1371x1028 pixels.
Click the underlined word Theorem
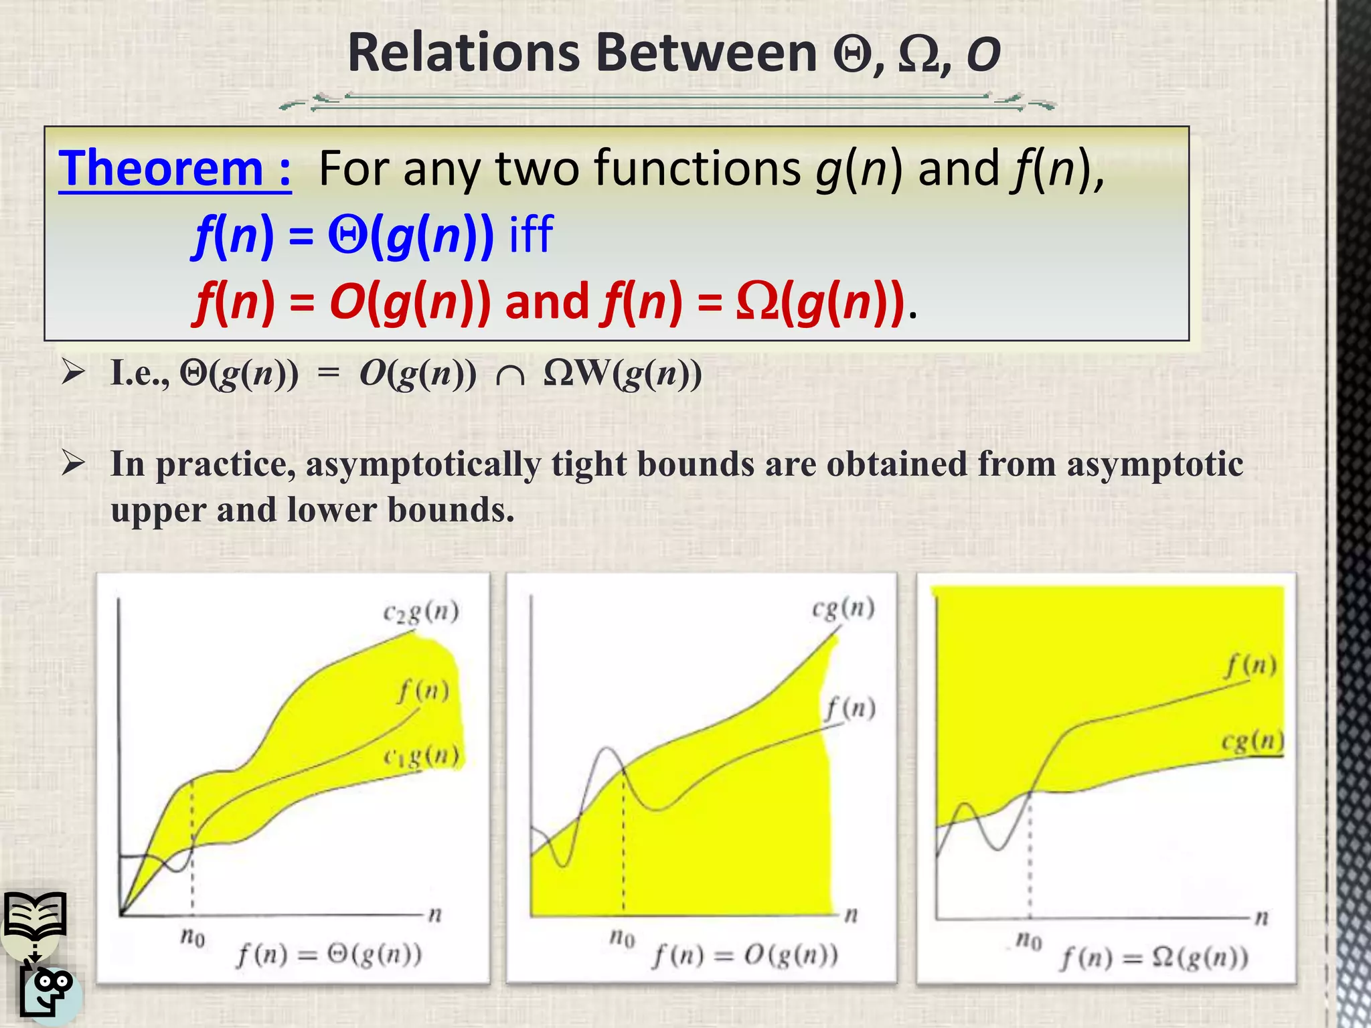tap(161, 169)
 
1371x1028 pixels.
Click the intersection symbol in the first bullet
tap(510, 375)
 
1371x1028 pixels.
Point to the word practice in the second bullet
tap(226, 464)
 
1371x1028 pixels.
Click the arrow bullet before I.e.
tap(72, 372)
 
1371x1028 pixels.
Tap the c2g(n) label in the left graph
tap(420, 612)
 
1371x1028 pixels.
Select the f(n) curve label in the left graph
tap(423, 691)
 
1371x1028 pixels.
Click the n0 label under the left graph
tap(192, 937)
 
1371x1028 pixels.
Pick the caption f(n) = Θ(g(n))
tap(329, 954)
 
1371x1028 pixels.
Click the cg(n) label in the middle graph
tap(843, 608)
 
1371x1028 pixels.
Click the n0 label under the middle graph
tap(622, 938)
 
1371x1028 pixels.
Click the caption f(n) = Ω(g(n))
tap(1155, 958)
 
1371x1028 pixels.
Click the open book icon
tap(35, 916)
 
